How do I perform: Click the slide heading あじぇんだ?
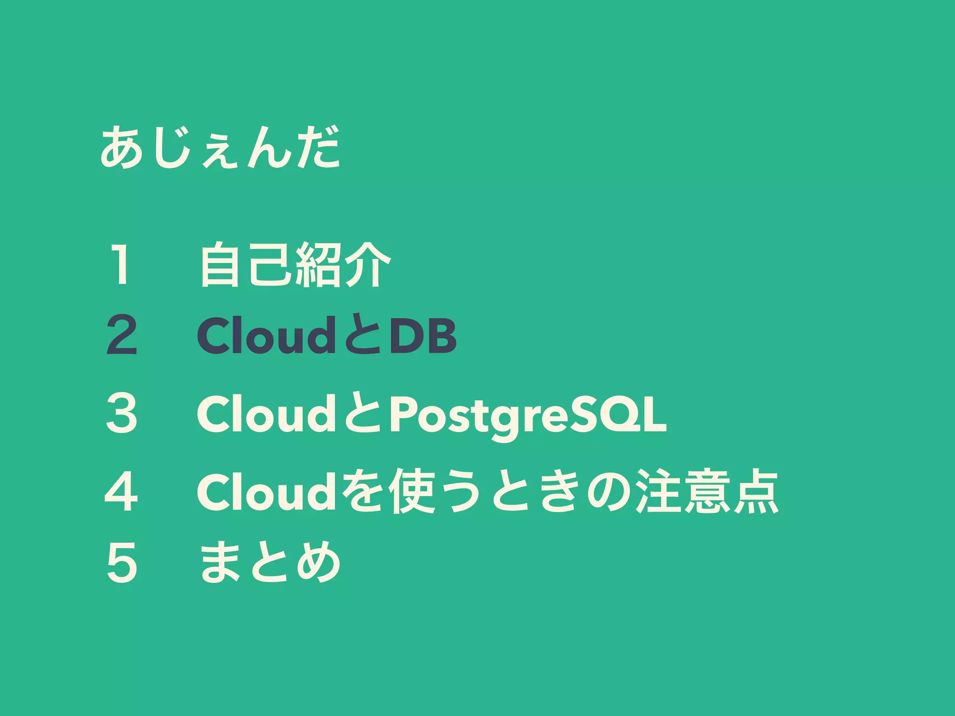point(220,148)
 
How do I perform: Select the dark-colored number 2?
point(121,335)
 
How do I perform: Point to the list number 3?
point(121,413)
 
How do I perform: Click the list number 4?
point(121,491)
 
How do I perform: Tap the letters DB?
point(423,336)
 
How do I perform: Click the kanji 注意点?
point(708,492)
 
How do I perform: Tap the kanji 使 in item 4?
point(412,492)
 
